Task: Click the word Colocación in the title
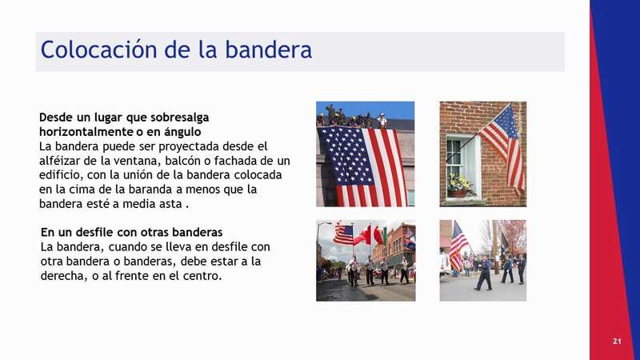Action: point(98,50)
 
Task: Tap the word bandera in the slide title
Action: point(269,50)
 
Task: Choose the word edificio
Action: point(60,175)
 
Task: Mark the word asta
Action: point(170,204)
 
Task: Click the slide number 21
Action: point(617,342)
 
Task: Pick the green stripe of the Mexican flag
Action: point(383,235)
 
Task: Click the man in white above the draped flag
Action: point(382,121)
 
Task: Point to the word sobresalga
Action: point(179,118)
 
